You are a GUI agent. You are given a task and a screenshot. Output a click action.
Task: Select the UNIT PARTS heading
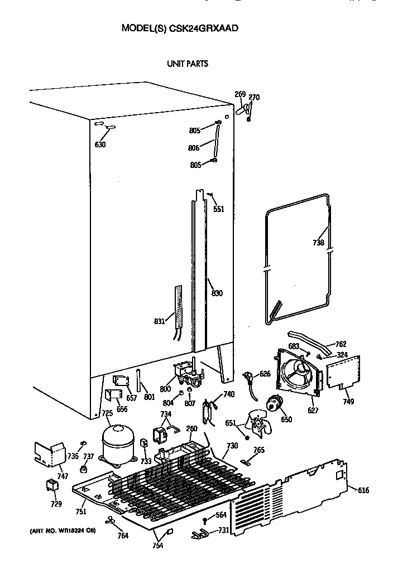[x=188, y=64]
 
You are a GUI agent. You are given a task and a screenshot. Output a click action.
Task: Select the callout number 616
[x=363, y=490]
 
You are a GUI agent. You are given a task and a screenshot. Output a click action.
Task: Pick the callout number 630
[x=100, y=144]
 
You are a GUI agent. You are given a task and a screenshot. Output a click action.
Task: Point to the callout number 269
[x=239, y=94]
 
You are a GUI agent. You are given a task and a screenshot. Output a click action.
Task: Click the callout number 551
[x=218, y=209]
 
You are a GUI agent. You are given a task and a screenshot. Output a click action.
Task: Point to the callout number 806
[x=194, y=148]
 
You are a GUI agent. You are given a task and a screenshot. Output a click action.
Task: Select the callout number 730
[x=232, y=446]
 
